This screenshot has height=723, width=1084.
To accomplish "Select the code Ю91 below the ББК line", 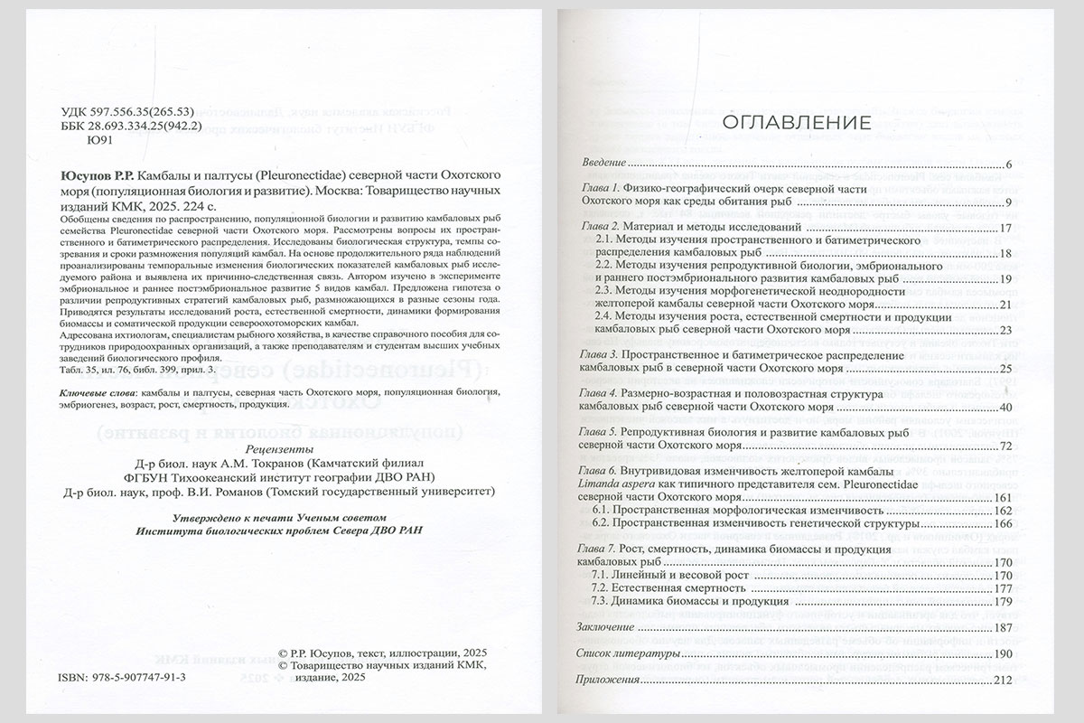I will [x=94, y=140].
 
